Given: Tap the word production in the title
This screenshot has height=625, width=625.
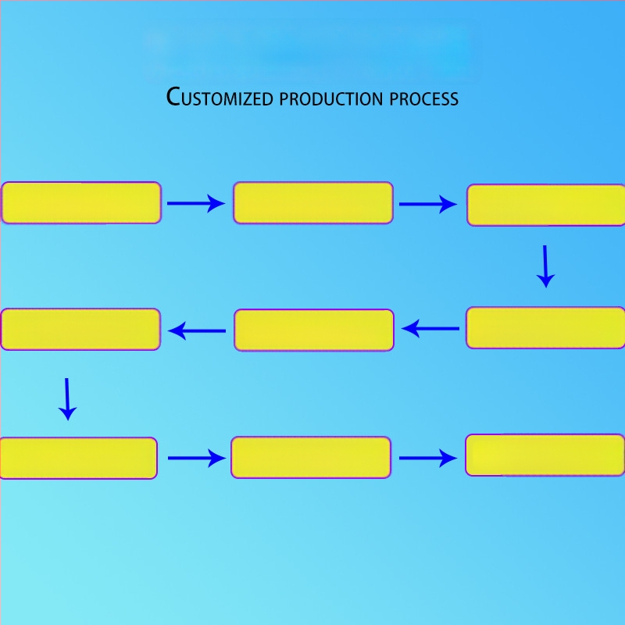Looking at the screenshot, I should (330, 99).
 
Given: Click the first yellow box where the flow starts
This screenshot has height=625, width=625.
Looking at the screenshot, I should (81, 203).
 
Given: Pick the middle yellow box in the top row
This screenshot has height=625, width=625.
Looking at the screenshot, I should (312, 203).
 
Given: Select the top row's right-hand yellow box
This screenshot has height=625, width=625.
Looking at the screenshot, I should (546, 205).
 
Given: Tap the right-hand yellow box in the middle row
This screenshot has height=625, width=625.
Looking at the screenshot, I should (546, 327).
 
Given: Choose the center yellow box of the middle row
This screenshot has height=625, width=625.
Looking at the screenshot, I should (313, 330).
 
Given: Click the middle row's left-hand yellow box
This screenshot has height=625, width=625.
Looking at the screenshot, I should (80, 329).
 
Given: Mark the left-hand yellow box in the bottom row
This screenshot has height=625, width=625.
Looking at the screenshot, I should (78, 458).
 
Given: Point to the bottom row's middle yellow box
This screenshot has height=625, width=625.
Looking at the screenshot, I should (311, 457).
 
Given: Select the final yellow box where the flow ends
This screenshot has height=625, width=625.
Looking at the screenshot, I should (545, 455).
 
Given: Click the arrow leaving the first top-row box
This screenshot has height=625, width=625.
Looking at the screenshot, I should (196, 204).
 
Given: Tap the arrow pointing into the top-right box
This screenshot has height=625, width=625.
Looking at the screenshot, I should (428, 205).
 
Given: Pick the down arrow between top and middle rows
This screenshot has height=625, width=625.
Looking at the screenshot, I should (545, 266).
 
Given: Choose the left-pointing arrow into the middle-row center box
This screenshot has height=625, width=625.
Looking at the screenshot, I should (430, 329).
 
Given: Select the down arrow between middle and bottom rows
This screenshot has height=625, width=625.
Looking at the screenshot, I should (68, 398).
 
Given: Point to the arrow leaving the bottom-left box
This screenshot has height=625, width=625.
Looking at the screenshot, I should (196, 458).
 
